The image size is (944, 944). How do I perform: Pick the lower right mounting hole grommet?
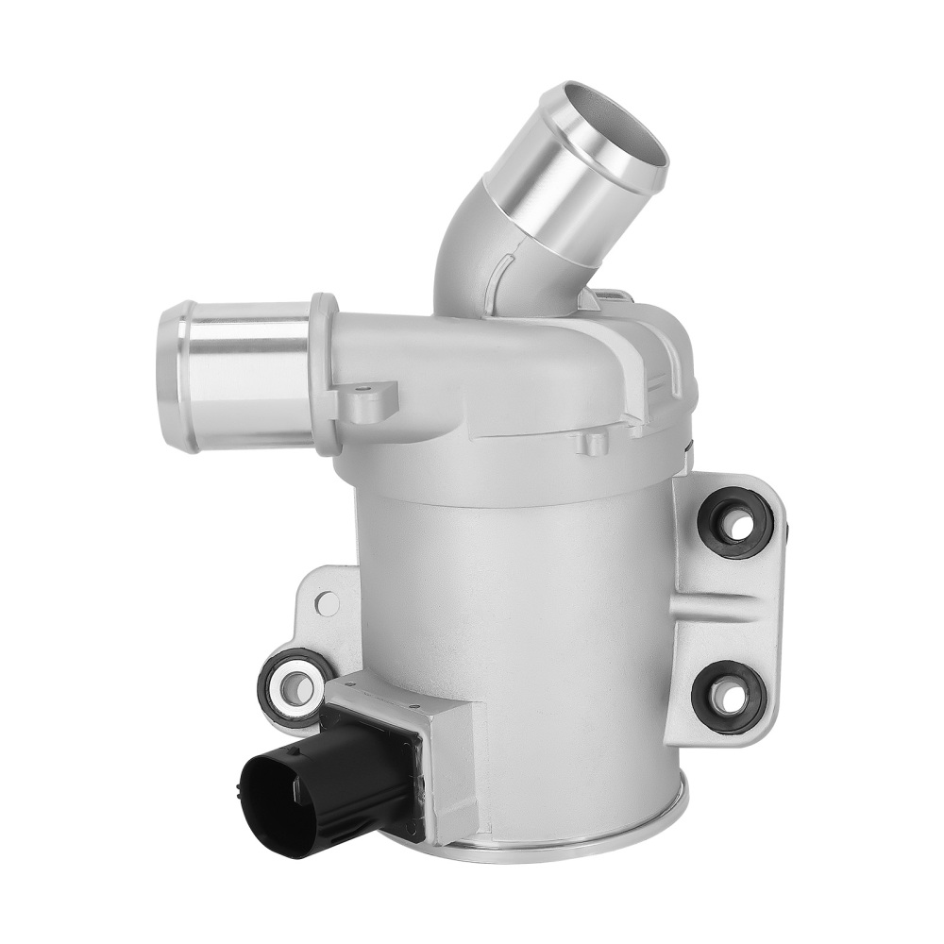pyautogui.click(x=728, y=697)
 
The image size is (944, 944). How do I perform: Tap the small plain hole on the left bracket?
pyautogui.click(x=326, y=601)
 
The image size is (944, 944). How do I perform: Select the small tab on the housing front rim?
pyautogui.click(x=592, y=441)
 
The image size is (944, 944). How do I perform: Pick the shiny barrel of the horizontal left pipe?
pyautogui.click(x=250, y=373)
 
